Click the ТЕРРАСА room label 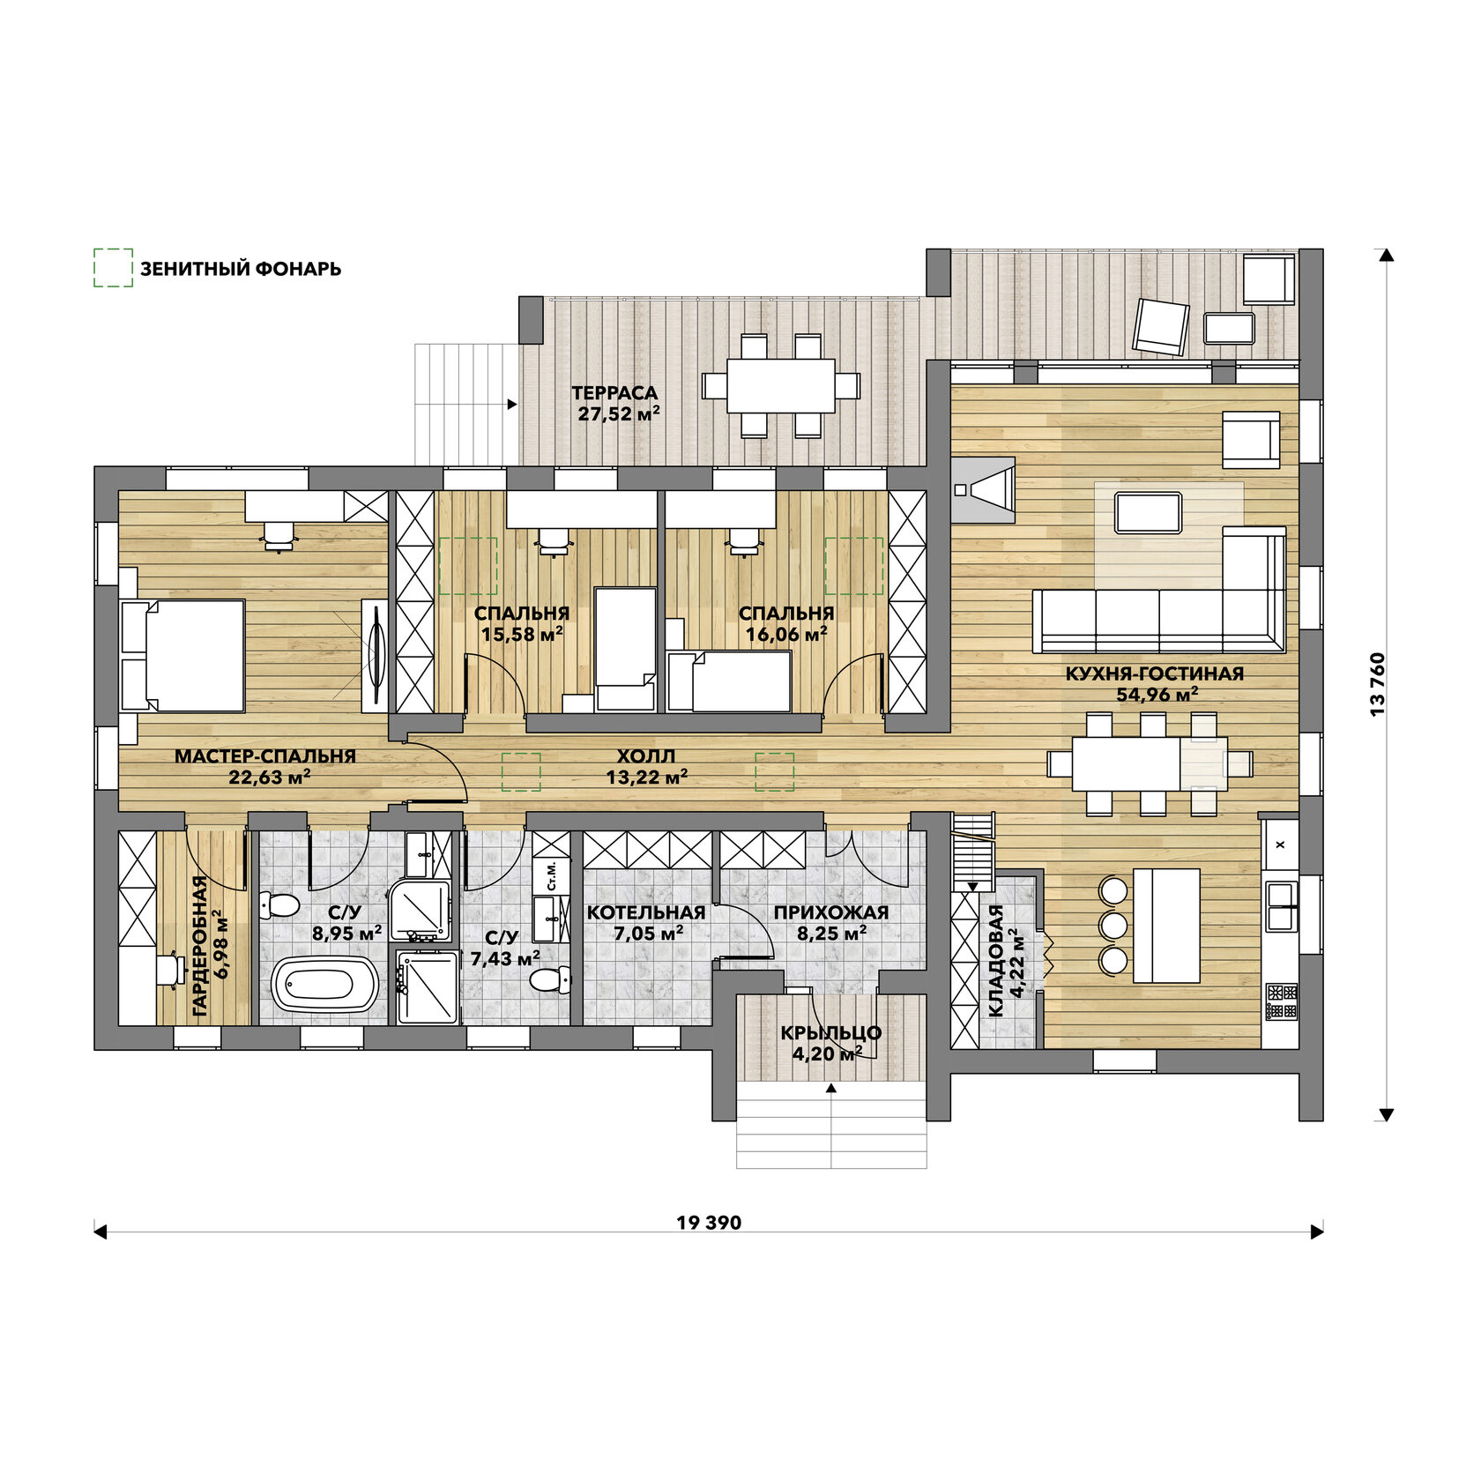(x=614, y=393)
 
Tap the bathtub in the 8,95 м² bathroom (x=325, y=985)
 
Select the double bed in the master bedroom (x=182, y=655)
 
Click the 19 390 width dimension (x=709, y=1223)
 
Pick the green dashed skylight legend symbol (x=113, y=267)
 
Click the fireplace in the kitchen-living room (x=983, y=489)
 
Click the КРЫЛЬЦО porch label (x=830, y=1032)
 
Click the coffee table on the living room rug (x=1148, y=513)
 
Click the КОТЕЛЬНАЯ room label (x=646, y=912)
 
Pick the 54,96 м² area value (x=1157, y=694)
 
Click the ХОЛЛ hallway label (x=646, y=755)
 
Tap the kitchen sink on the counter (x=1282, y=906)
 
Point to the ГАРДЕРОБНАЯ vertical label (x=200, y=947)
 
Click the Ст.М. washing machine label (x=552, y=874)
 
